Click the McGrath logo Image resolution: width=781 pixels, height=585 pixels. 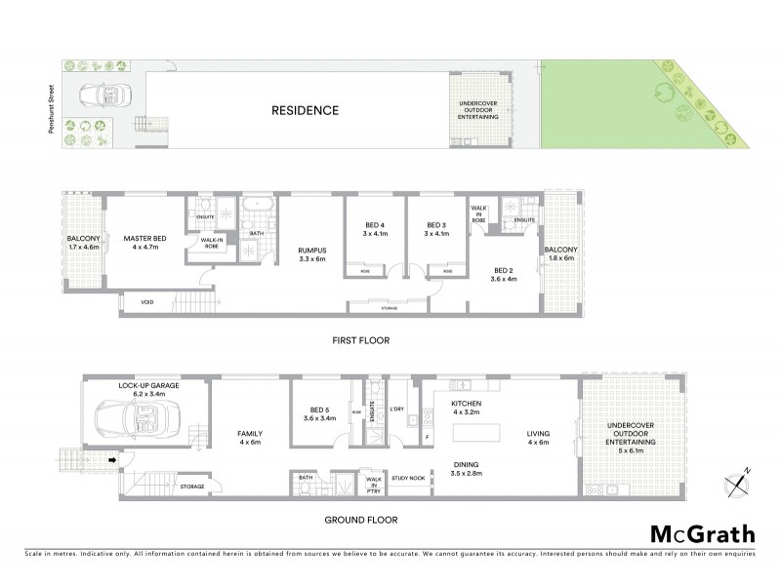pos(702,533)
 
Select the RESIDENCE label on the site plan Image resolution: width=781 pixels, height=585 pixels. pos(305,110)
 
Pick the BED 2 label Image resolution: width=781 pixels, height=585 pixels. pos(504,274)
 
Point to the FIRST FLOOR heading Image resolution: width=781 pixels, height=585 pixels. pos(359,341)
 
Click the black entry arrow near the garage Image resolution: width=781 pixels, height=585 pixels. pos(112,460)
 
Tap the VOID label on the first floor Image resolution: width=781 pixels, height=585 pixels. pos(146,302)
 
